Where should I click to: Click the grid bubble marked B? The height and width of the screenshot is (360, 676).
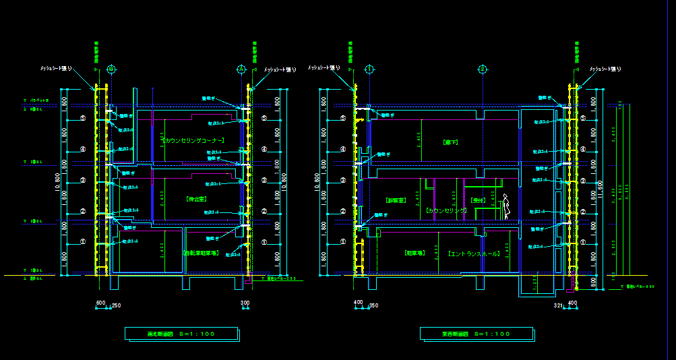point(111,69)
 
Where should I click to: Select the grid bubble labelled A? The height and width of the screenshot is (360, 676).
point(241,69)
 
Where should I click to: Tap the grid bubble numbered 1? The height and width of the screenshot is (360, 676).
point(369,69)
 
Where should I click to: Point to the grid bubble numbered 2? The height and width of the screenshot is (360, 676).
point(483,69)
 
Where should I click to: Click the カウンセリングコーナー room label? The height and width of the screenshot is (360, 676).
point(193,140)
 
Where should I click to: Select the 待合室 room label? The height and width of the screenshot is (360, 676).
point(196,200)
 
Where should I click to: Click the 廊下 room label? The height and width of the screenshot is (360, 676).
point(450,143)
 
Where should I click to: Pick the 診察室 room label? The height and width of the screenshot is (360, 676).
point(396,200)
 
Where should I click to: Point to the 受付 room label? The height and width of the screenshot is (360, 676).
point(478,200)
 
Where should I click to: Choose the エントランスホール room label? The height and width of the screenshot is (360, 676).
point(474,254)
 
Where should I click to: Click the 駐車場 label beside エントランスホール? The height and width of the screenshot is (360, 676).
point(414,254)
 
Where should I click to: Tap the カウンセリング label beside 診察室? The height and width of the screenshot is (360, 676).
point(447,210)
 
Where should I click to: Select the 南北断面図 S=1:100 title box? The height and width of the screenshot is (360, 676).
point(182,334)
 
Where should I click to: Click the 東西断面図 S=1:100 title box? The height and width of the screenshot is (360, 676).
point(476,334)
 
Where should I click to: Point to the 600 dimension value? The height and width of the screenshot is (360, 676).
point(101,303)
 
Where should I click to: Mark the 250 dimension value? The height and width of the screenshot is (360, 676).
point(116,305)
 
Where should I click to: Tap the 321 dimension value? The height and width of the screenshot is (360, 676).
point(558,305)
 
